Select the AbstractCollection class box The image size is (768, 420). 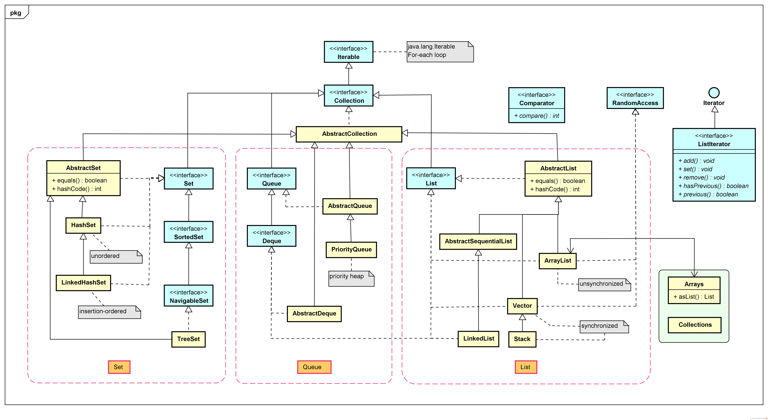click(349, 134)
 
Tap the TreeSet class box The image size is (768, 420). click(188, 339)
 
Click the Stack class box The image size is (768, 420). click(522, 339)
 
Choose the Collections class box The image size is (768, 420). click(695, 325)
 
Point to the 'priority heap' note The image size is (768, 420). click(351, 278)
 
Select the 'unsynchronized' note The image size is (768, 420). click(604, 284)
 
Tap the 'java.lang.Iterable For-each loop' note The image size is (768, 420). click(440, 52)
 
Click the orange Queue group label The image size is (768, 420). click(314, 367)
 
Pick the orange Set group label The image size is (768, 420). click(119, 367)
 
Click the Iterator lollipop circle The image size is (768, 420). click(714, 92)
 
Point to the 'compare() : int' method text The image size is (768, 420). click(537, 116)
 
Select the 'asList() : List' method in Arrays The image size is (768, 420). click(694, 297)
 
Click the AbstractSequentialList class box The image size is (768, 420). click(478, 241)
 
